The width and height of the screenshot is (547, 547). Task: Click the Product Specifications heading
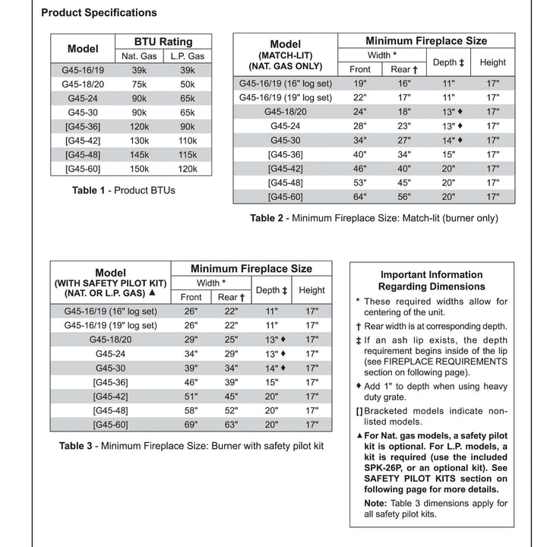click(99, 12)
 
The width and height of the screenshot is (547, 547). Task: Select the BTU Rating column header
click(163, 42)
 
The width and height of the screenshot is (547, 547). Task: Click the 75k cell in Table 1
click(140, 84)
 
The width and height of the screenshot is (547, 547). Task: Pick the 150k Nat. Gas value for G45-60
click(140, 169)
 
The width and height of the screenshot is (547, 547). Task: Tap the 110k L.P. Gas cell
click(187, 141)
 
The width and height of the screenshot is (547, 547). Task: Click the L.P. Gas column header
click(187, 55)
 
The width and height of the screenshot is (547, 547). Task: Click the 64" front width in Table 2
click(360, 197)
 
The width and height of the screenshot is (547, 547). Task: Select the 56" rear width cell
click(400, 197)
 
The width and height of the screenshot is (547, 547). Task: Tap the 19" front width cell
click(360, 84)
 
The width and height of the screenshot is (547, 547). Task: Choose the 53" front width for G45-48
click(360, 182)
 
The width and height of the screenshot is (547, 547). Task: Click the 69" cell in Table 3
click(191, 425)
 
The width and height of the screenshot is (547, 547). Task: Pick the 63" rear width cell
click(227, 425)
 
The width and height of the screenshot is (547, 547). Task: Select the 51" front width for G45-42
click(191, 397)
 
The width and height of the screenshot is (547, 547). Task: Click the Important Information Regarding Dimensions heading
click(431, 280)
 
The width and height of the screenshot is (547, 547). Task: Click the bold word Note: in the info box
click(375, 504)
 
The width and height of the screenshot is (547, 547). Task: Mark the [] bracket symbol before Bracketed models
click(359, 410)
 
